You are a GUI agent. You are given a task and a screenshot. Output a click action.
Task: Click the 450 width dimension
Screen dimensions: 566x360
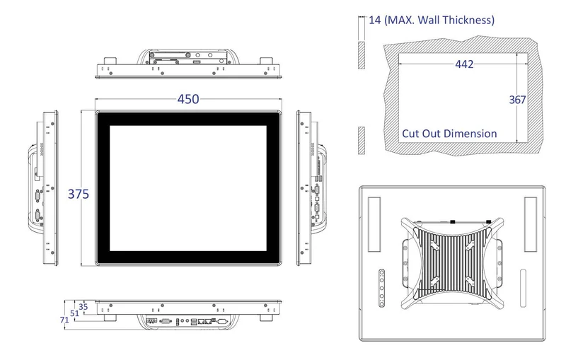(187, 99)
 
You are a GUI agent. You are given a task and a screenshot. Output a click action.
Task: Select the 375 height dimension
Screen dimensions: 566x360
(79, 194)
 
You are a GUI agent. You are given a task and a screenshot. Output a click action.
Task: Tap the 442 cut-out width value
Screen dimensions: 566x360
(464, 64)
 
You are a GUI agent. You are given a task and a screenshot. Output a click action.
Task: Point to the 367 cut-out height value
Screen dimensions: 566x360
(517, 100)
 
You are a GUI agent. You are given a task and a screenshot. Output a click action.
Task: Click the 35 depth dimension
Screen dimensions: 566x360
(83, 307)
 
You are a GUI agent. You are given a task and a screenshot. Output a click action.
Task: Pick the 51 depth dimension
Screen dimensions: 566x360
(74, 313)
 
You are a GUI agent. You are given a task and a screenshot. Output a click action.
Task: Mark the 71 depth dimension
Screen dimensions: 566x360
(64, 320)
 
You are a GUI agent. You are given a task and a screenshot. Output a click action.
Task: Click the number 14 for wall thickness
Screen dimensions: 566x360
(375, 20)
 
